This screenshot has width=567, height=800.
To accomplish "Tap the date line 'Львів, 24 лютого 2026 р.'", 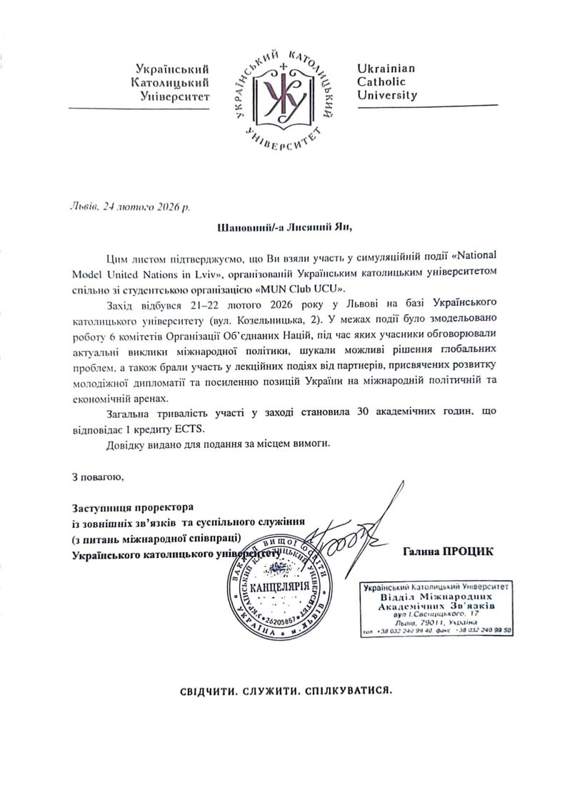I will [131, 206].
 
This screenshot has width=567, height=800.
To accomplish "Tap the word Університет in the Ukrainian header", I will [175, 95].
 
